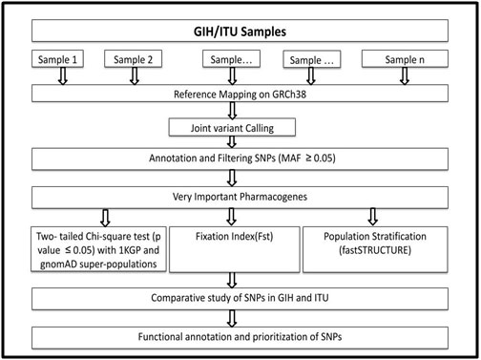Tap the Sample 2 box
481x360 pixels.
pos(133,59)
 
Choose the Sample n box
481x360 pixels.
pos(402,59)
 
